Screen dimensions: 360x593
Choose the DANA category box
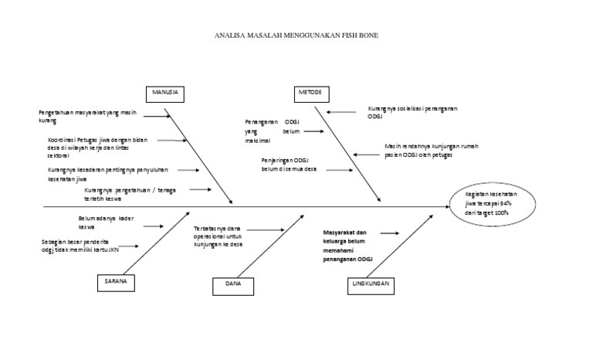[234, 285]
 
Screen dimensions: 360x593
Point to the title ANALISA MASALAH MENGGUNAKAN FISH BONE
[296, 36]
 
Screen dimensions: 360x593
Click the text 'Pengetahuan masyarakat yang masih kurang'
[87, 117]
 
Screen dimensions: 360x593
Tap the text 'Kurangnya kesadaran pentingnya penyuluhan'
[96, 173]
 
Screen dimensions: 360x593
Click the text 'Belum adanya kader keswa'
[107, 223]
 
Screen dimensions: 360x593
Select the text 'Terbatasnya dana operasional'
[223, 236]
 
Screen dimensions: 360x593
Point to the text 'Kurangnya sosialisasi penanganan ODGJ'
[412, 113]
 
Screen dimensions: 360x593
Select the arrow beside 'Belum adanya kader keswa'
[152, 226]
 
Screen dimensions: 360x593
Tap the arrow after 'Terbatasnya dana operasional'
[268, 229]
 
